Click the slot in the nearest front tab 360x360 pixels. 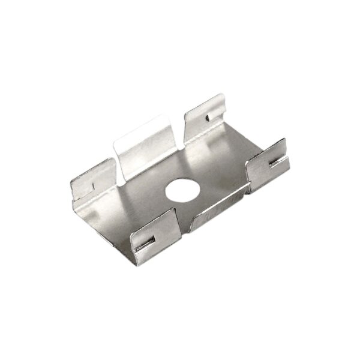coord(146,242)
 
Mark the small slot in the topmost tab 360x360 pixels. coord(208,116)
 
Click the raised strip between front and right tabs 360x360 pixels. coord(219,204)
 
